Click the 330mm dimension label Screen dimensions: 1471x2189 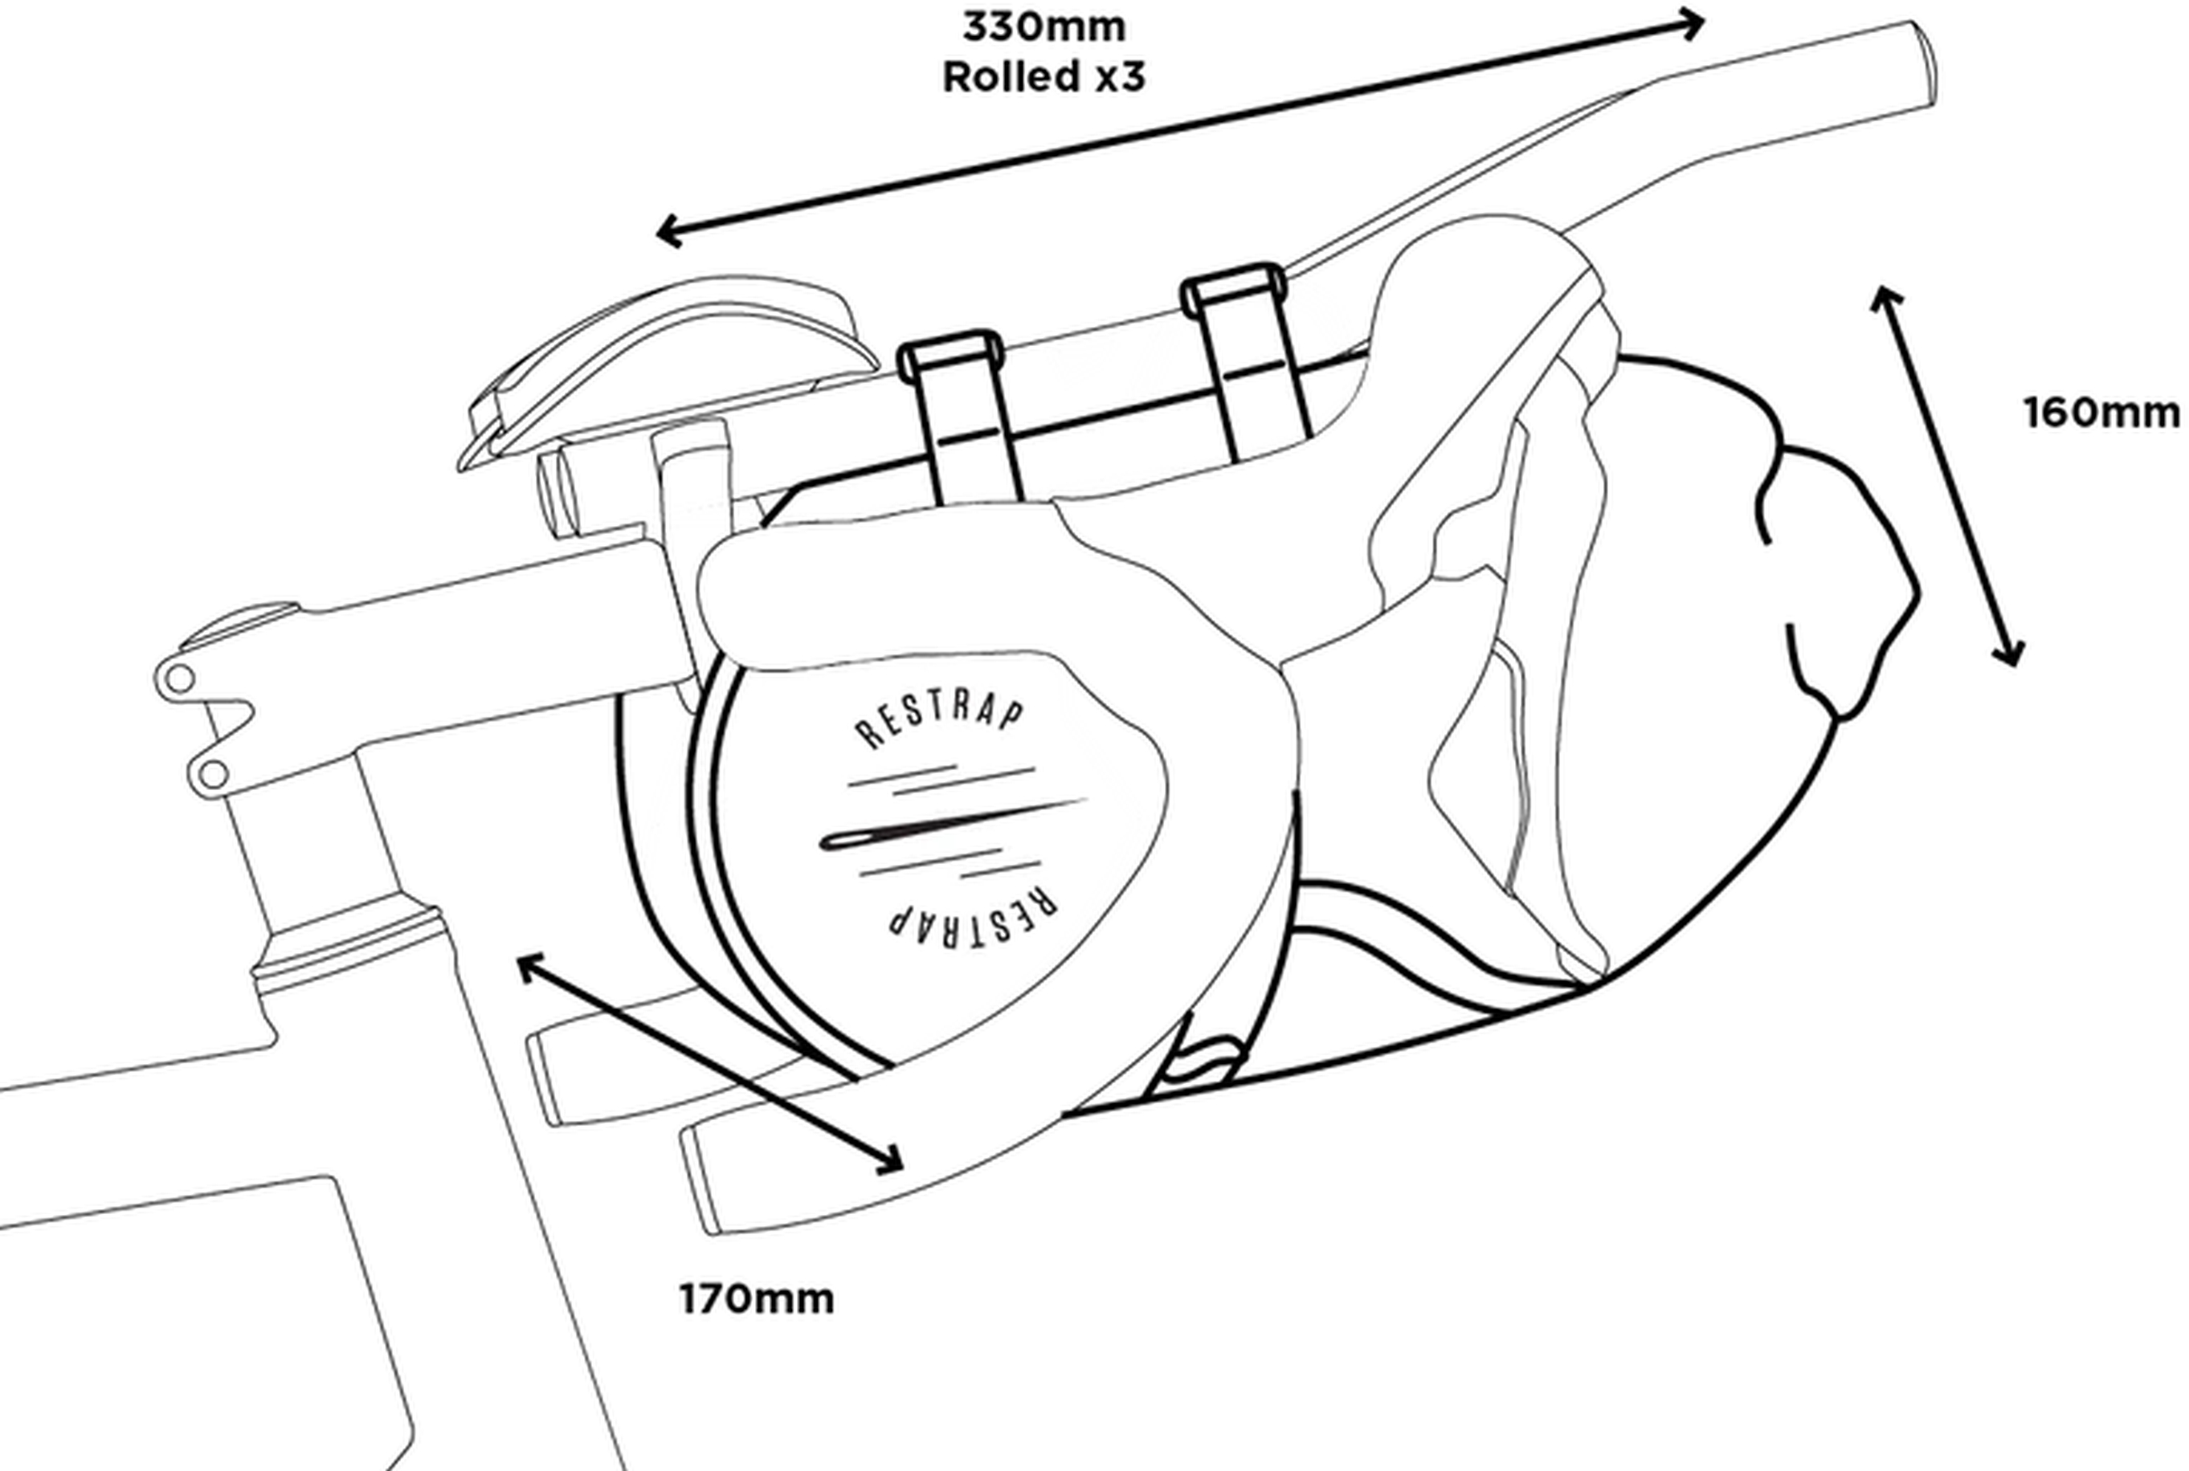(x=1043, y=27)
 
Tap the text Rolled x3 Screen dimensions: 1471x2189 (x=1043, y=77)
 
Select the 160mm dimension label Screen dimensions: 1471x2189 (x=2101, y=414)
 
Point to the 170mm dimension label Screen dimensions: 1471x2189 (x=756, y=1300)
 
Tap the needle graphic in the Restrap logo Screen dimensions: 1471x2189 (x=948, y=826)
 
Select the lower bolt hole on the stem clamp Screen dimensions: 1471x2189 (x=213, y=775)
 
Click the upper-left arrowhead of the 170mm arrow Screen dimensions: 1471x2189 (x=530, y=965)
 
